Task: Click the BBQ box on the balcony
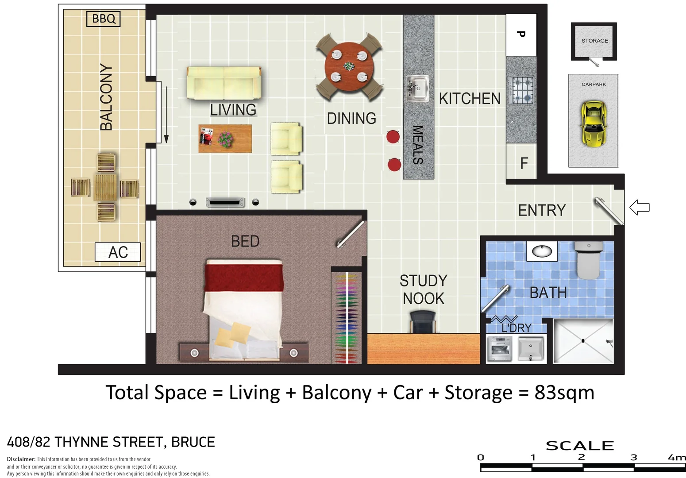pos(103,19)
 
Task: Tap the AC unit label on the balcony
pos(118,252)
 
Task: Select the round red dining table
pos(349,66)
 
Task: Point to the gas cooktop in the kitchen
pos(522,91)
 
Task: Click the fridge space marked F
pos(524,163)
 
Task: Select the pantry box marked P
pos(521,35)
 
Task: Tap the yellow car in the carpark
pos(593,124)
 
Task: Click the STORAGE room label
pos(594,41)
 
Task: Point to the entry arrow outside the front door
pos(639,207)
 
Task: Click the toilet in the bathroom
pos(589,261)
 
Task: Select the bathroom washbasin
pos(542,251)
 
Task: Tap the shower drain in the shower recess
pos(583,340)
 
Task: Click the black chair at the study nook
pos(423,321)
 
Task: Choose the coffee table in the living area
pos(225,139)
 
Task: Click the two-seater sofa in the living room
pos(224,83)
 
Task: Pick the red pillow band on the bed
pos(243,276)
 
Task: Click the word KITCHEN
pos(470,99)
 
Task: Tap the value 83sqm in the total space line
pos(564,393)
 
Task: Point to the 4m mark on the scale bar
pos(676,458)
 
